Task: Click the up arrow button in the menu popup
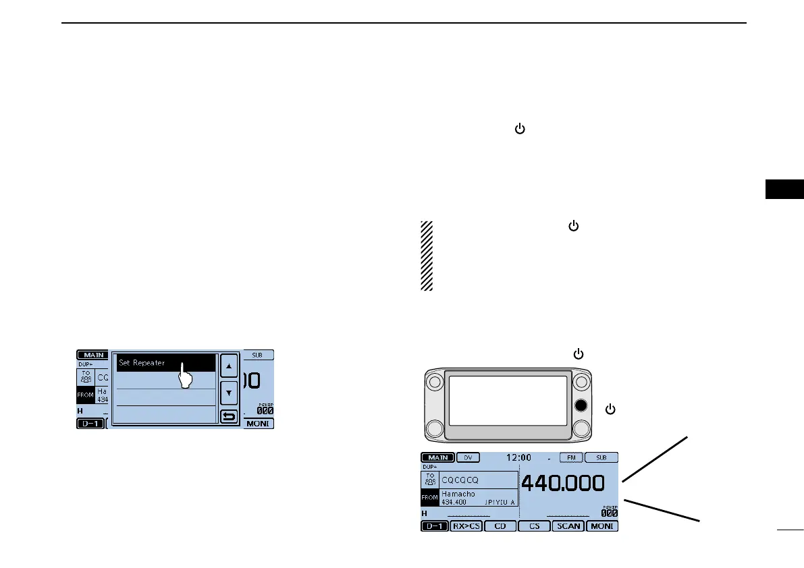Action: tap(230, 366)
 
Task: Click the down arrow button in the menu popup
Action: tap(230, 391)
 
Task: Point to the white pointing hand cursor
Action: tap(185, 375)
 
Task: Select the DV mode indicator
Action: tap(468, 457)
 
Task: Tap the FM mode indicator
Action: tap(572, 457)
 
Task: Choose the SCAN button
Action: tap(568, 526)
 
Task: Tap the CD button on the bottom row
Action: tap(500, 526)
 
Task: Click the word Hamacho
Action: tap(458, 494)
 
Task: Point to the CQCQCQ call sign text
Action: tap(458, 479)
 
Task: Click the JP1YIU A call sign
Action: tap(500, 503)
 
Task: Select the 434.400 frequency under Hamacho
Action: tap(454, 503)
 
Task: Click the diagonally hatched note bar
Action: tap(427, 256)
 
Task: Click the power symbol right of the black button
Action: tap(610, 409)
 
